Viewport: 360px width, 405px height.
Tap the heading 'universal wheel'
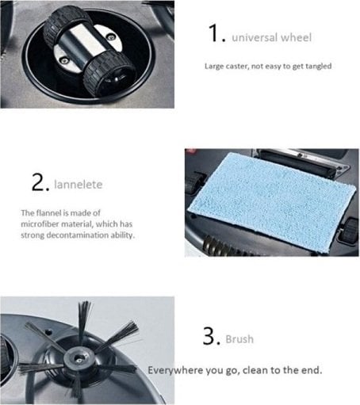click(272, 37)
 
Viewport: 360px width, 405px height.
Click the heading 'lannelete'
click(78, 185)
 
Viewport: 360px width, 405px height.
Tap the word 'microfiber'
click(40, 224)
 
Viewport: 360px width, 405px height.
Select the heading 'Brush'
click(239, 339)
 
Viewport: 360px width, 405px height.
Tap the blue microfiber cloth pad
click(272, 201)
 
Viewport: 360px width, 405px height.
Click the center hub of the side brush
click(79, 358)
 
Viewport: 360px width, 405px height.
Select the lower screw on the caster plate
click(63, 60)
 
